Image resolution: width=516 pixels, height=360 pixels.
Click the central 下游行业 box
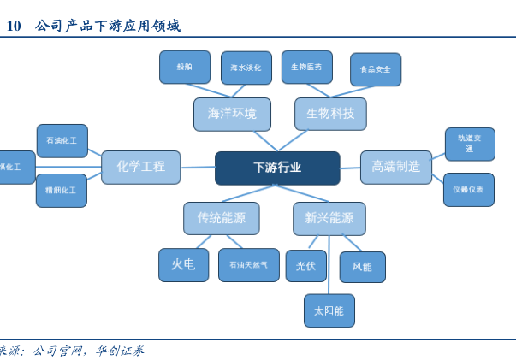point(277,168)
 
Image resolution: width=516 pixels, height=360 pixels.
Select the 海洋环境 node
point(232,114)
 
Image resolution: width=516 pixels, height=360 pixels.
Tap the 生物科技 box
point(330,114)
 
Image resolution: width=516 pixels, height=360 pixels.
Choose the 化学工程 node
point(140,167)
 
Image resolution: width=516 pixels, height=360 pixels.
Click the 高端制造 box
point(395,167)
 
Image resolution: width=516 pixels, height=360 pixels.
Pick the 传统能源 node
point(221,218)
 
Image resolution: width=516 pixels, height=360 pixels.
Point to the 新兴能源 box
point(329,218)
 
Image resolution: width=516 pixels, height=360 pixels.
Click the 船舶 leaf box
point(185,67)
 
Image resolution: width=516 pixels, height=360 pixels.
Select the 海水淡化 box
point(246,68)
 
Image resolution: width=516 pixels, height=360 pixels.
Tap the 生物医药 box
point(306,67)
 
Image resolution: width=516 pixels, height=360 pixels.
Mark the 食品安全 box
point(375,69)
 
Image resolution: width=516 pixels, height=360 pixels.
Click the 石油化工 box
point(62,140)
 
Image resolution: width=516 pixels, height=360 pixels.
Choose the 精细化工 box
point(62,190)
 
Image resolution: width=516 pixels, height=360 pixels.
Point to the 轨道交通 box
point(470,144)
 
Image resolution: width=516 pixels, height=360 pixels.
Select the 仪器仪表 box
point(468,189)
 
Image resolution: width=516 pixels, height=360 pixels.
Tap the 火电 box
point(183,265)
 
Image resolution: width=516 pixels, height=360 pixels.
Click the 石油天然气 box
point(248,265)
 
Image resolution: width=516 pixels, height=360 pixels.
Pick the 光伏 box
point(305,266)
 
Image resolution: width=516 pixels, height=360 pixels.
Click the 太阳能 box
point(329,310)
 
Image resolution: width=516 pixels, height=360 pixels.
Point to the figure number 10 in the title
point(13,27)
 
